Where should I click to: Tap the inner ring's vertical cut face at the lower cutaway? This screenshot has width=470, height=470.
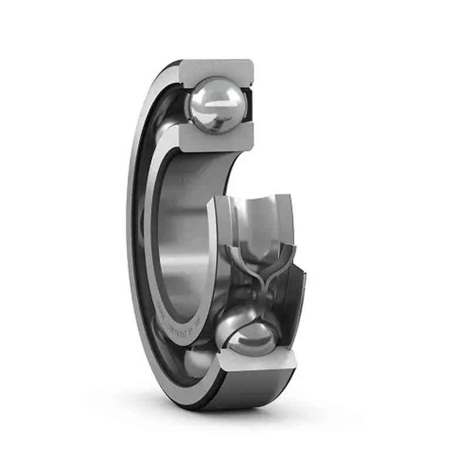220,235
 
